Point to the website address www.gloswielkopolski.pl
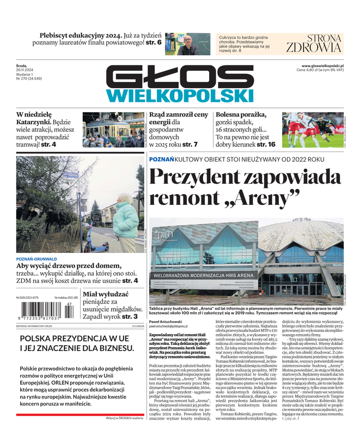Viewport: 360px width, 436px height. point(319,65)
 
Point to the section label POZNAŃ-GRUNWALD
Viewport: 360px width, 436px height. point(37,259)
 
